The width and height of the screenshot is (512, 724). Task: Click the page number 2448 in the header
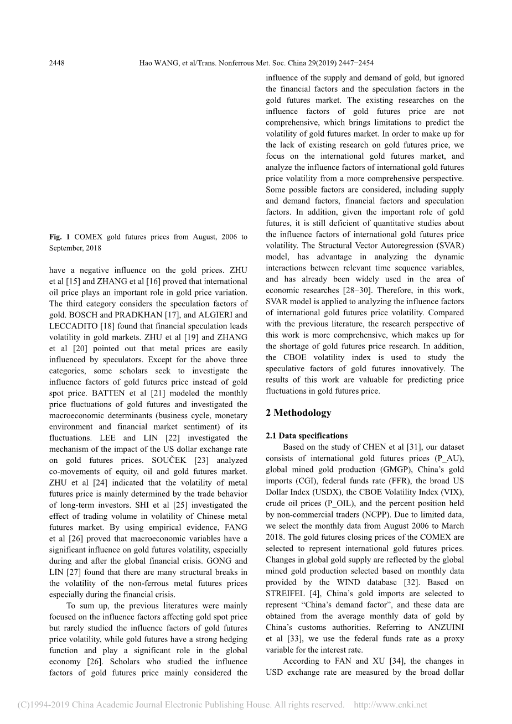click(x=57, y=63)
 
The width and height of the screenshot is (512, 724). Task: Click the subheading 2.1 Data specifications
click(x=307, y=436)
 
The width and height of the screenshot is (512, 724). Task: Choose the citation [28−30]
click(x=355, y=290)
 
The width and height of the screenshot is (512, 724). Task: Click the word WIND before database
click(x=348, y=582)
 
